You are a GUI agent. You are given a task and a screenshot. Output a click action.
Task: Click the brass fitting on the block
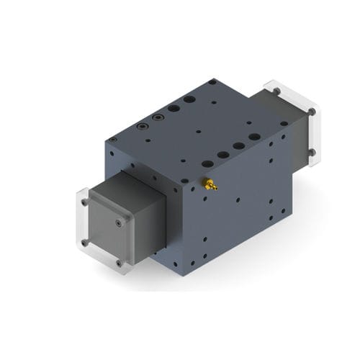pyautogui.click(x=210, y=185)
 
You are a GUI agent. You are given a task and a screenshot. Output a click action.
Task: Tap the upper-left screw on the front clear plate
pyautogui.click(x=84, y=202)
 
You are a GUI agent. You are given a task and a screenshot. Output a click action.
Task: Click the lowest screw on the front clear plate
pyautogui.click(x=120, y=264)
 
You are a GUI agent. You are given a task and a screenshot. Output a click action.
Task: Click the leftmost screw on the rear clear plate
pyautogui.click(x=274, y=91)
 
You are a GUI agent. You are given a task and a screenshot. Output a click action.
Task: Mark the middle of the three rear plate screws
pyautogui.click(x=312, y=112)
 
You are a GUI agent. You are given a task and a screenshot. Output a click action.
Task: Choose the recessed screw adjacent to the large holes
pyautogui.click(x=158, y=116)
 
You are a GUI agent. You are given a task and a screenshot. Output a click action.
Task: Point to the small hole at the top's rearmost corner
pyautogui.click(x=212, y=82)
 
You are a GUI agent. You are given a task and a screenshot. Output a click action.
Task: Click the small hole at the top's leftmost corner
pyautogui.click(x=112, y=138)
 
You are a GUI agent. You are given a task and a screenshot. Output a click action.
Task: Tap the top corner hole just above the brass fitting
pyautogui.click(x=184, y=181)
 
